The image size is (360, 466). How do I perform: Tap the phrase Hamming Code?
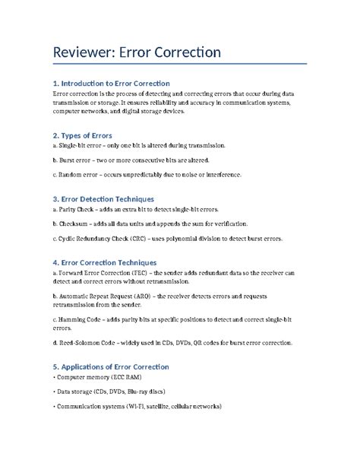pyautogui.click(x=84, y=323)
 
